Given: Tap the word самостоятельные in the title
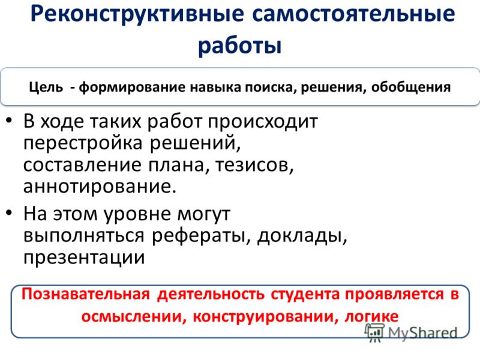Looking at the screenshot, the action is (353, 14).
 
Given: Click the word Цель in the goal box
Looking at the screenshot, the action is (46, 87).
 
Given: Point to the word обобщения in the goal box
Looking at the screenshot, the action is (411, 87).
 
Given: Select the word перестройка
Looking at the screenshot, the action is (83, 143).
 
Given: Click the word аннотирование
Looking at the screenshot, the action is (100, 187).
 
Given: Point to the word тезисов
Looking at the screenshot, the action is (254, 165).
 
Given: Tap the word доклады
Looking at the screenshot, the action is (302, 236).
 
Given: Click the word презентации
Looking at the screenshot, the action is (84, 258).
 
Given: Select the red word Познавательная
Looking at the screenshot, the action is (86, 294).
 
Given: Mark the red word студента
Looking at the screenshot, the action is (305, 294).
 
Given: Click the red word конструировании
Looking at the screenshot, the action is (266, 317).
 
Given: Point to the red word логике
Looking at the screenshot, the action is (371, 317).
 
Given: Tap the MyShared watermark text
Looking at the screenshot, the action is (422, 333).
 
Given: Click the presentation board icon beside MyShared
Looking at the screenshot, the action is (374, 332).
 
